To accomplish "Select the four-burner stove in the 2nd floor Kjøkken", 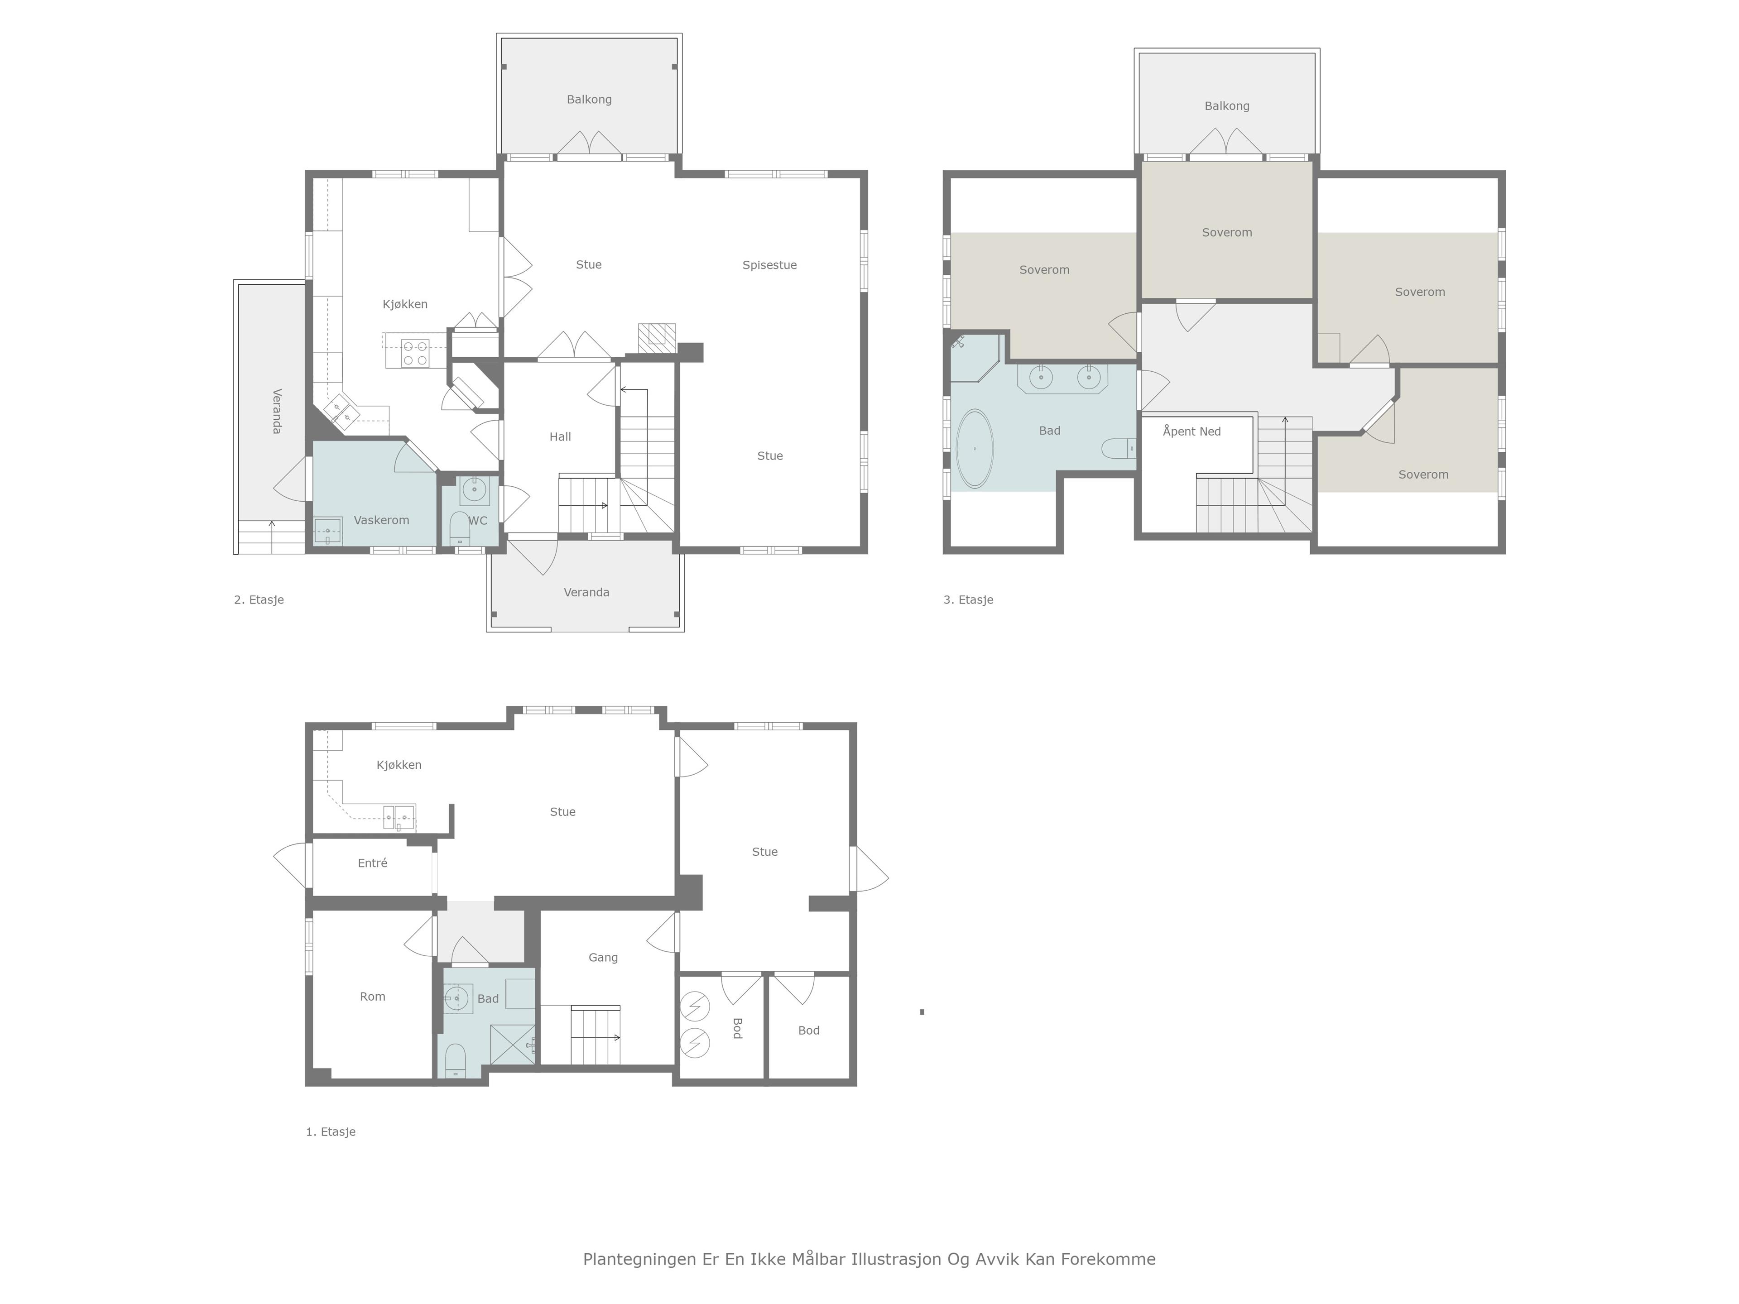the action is pos(414,353).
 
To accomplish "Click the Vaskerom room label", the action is pos(381,520).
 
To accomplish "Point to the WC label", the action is pos(478,520).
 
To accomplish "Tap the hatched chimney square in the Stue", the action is pos(657,337).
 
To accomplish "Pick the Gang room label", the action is pos(603,957).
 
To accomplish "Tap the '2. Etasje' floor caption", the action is pos(259,600).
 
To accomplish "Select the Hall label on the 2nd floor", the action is pos(560,437).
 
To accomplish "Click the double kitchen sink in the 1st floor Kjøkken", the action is pos(399,817).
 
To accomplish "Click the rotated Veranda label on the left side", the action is pos(276,411).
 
